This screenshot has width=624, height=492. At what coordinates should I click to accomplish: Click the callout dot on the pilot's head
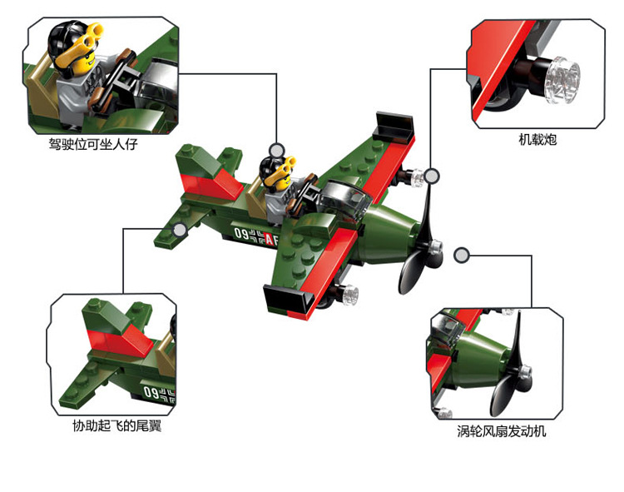coord(277,150)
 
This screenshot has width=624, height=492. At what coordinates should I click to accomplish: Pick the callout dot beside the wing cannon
coord(431,175)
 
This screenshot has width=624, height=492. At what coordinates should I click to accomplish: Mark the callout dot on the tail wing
coord(180,229)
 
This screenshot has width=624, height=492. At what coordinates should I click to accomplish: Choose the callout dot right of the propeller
coord(464,253)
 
